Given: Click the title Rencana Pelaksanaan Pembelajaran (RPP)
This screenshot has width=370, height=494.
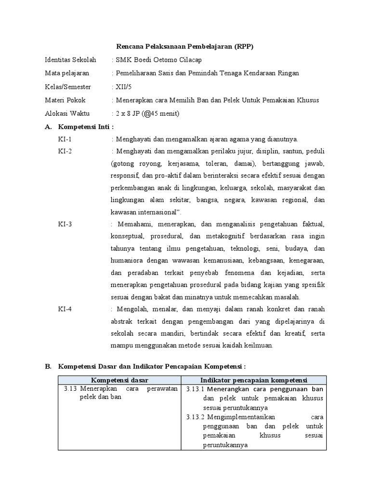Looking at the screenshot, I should (185, 47).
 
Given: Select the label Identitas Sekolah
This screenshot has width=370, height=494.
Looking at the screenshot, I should (70, 60).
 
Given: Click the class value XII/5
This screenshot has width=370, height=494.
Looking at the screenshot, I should (123, 87).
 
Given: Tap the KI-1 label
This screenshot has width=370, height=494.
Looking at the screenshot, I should (65, 139).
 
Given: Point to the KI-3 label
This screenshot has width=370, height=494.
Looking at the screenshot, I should (65, 224).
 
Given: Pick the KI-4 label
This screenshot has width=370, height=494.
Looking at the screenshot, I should (65, 309).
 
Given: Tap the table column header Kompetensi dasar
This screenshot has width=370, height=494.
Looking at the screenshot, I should (119, 380).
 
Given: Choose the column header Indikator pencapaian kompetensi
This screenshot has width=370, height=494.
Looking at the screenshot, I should (254, 380).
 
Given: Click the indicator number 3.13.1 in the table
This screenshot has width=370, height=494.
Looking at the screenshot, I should (195, 389).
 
